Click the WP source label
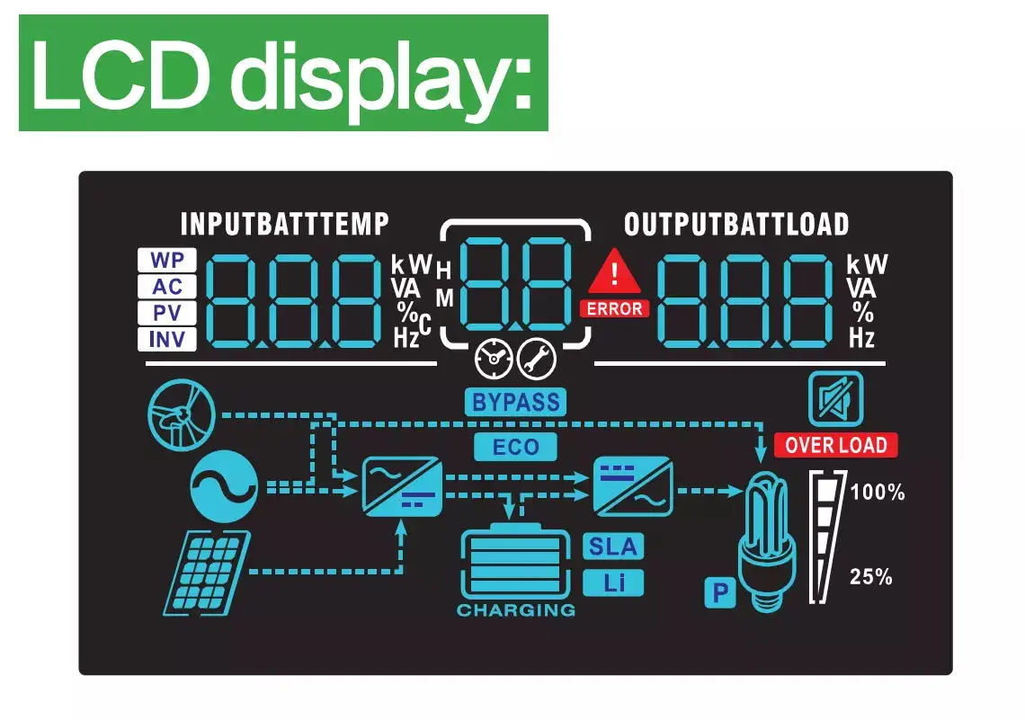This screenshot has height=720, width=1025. pyautogui.click(x=166, y=261)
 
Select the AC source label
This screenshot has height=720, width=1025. pyautogui.click(x=166, y=287)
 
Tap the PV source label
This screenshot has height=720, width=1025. pyautogui.click(x=166, y=313)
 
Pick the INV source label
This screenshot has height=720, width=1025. pyautogui.click(x=166, y=339)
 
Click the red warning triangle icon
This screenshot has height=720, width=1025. pyautogui.click(x=615, y=271)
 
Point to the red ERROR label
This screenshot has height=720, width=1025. pyautogui.click(x=615, y=308)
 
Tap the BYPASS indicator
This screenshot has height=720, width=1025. pyautogui.click(x=515, y=402)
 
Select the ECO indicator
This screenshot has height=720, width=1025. pyautogui.click(x=515, y=446)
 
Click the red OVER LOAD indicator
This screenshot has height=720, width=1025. pyautogui.click(x=835, y=445)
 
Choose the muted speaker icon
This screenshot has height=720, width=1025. pyautogui.click(x=835, y=399)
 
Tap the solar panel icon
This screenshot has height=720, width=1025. pyautogui.click(x=207, y=572)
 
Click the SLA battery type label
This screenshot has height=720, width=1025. pyautogui.click(x=613, y=546)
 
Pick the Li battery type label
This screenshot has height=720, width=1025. pyautogui.click(x=613, y=582)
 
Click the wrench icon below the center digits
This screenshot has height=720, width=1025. pyautogui.click(x=537, y=360)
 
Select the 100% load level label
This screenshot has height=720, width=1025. pyautogui.click(x=877, y=493)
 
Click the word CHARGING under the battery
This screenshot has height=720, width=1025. pyautogui.click(x=515, y=610)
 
